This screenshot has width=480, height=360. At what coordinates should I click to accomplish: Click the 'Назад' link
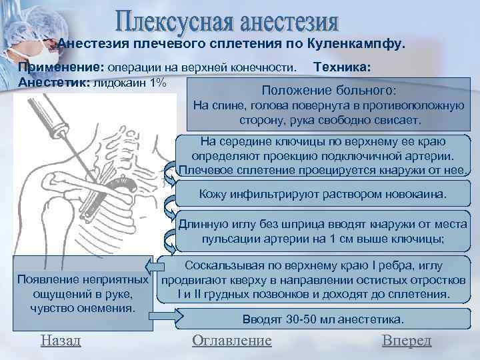(61, 341)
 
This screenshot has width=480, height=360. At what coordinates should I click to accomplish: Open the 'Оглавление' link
(231, 341)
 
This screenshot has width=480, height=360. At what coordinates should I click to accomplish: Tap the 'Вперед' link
(407, 341)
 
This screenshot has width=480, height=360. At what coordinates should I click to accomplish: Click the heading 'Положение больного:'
(330, 90)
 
